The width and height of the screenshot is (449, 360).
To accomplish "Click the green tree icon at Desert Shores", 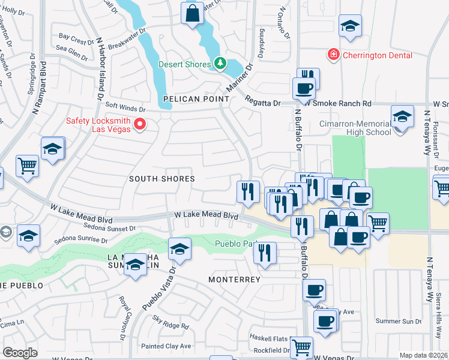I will pos(220,64).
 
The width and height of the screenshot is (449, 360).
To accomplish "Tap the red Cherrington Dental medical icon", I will pos(333,55).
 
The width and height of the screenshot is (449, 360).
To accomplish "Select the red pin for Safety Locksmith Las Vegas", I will pos(140,125).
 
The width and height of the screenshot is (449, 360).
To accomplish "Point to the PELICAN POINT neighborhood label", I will pos(195,99).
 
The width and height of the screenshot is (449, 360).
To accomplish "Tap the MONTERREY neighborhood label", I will pos(234,280).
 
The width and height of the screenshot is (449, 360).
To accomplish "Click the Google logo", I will pos(20,352).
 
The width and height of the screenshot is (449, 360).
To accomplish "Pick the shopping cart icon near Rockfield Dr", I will pos(301,346).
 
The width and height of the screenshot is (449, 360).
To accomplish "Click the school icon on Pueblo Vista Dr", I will pos(179,247).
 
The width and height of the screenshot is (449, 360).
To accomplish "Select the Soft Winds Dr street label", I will pos(126,109).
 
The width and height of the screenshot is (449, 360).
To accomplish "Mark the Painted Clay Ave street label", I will pos(166,346).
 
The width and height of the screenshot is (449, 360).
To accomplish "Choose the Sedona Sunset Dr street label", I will pos(107,229).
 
